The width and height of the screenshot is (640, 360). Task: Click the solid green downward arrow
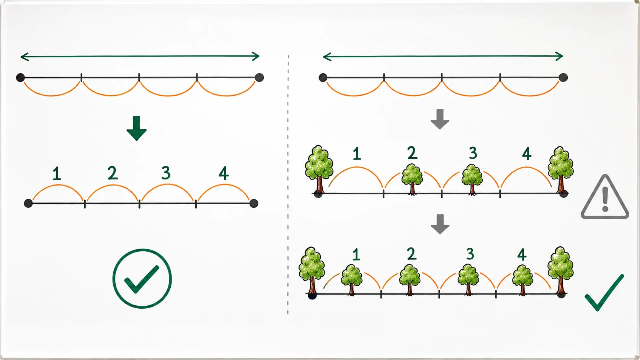coord(137,129)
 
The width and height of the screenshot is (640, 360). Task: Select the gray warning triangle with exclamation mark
coord(605,197)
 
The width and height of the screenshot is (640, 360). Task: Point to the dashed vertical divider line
coord(288,185)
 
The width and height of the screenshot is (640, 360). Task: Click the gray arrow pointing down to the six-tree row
coord(440,225)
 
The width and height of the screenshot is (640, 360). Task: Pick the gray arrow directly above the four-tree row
coord(440,119)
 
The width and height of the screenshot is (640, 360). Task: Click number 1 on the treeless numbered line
coord(57,174)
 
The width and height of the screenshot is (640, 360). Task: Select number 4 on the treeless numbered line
coord(224,173)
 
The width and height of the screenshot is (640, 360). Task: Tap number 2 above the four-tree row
coord(412,153)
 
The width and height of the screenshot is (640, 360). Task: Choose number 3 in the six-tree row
coord(470,254)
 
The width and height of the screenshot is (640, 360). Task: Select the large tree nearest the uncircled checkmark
coord(560,271)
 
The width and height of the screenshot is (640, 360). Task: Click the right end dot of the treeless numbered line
coord(254,204)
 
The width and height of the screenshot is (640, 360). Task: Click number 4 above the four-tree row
coord(527,153)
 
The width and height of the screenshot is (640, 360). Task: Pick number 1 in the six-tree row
coord(356,254)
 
